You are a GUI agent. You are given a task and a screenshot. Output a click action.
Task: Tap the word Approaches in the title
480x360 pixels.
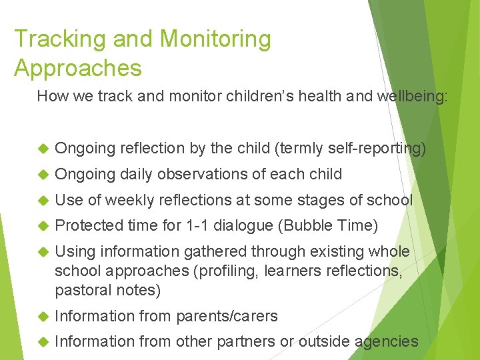click(78, 68)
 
